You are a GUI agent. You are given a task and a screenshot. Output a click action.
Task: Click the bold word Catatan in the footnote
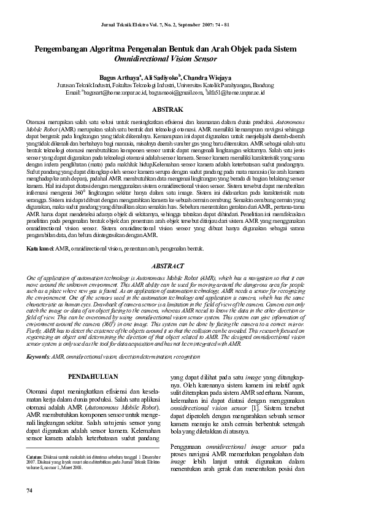pos(34,474)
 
